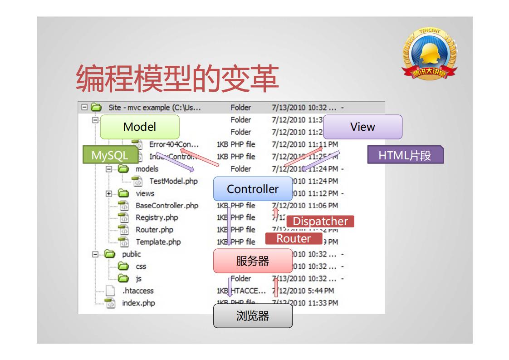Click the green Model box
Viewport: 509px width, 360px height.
pos(139,127)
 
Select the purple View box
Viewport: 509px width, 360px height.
pos(362,127)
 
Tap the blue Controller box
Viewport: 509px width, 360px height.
pos(253,189)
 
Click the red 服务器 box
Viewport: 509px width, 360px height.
pos(253,261)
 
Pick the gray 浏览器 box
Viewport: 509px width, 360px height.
pos(253,316)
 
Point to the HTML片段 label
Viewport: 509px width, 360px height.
pos(405,155)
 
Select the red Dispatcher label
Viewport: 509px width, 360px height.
pos(320,222)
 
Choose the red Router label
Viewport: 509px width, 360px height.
pos(294,238)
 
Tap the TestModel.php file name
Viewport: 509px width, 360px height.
pos(173,181)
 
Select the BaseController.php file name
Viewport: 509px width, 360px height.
pos(167,205)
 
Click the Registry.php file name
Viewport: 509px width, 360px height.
pos(157,217)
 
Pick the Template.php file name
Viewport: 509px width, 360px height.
pos(158,242)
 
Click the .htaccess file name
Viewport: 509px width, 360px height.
pos(138,291)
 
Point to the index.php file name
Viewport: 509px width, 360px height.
pos(138,303)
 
